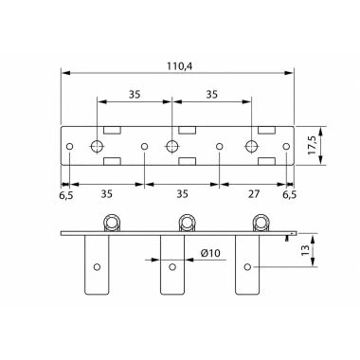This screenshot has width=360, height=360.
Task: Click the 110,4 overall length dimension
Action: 180,66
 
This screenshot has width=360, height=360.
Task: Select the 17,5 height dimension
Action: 313,145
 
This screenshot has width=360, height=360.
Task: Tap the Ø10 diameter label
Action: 210,253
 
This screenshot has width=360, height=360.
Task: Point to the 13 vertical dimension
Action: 305,250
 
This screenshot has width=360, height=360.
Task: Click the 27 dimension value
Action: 254,194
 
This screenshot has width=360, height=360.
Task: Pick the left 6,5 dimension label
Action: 66,195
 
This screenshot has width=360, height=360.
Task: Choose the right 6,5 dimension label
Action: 289,194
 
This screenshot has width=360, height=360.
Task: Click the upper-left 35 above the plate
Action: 135,95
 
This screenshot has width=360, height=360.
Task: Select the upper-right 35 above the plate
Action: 212,95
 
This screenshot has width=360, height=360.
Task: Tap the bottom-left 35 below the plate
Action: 107,194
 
